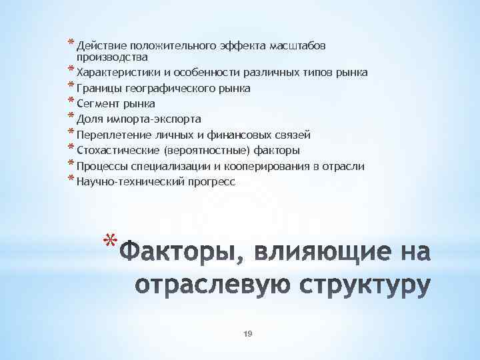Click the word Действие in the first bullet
tap(101, 46)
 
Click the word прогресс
tap(212, 181)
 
